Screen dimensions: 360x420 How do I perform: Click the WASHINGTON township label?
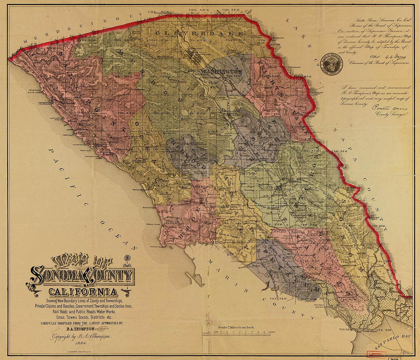click(221, 71)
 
